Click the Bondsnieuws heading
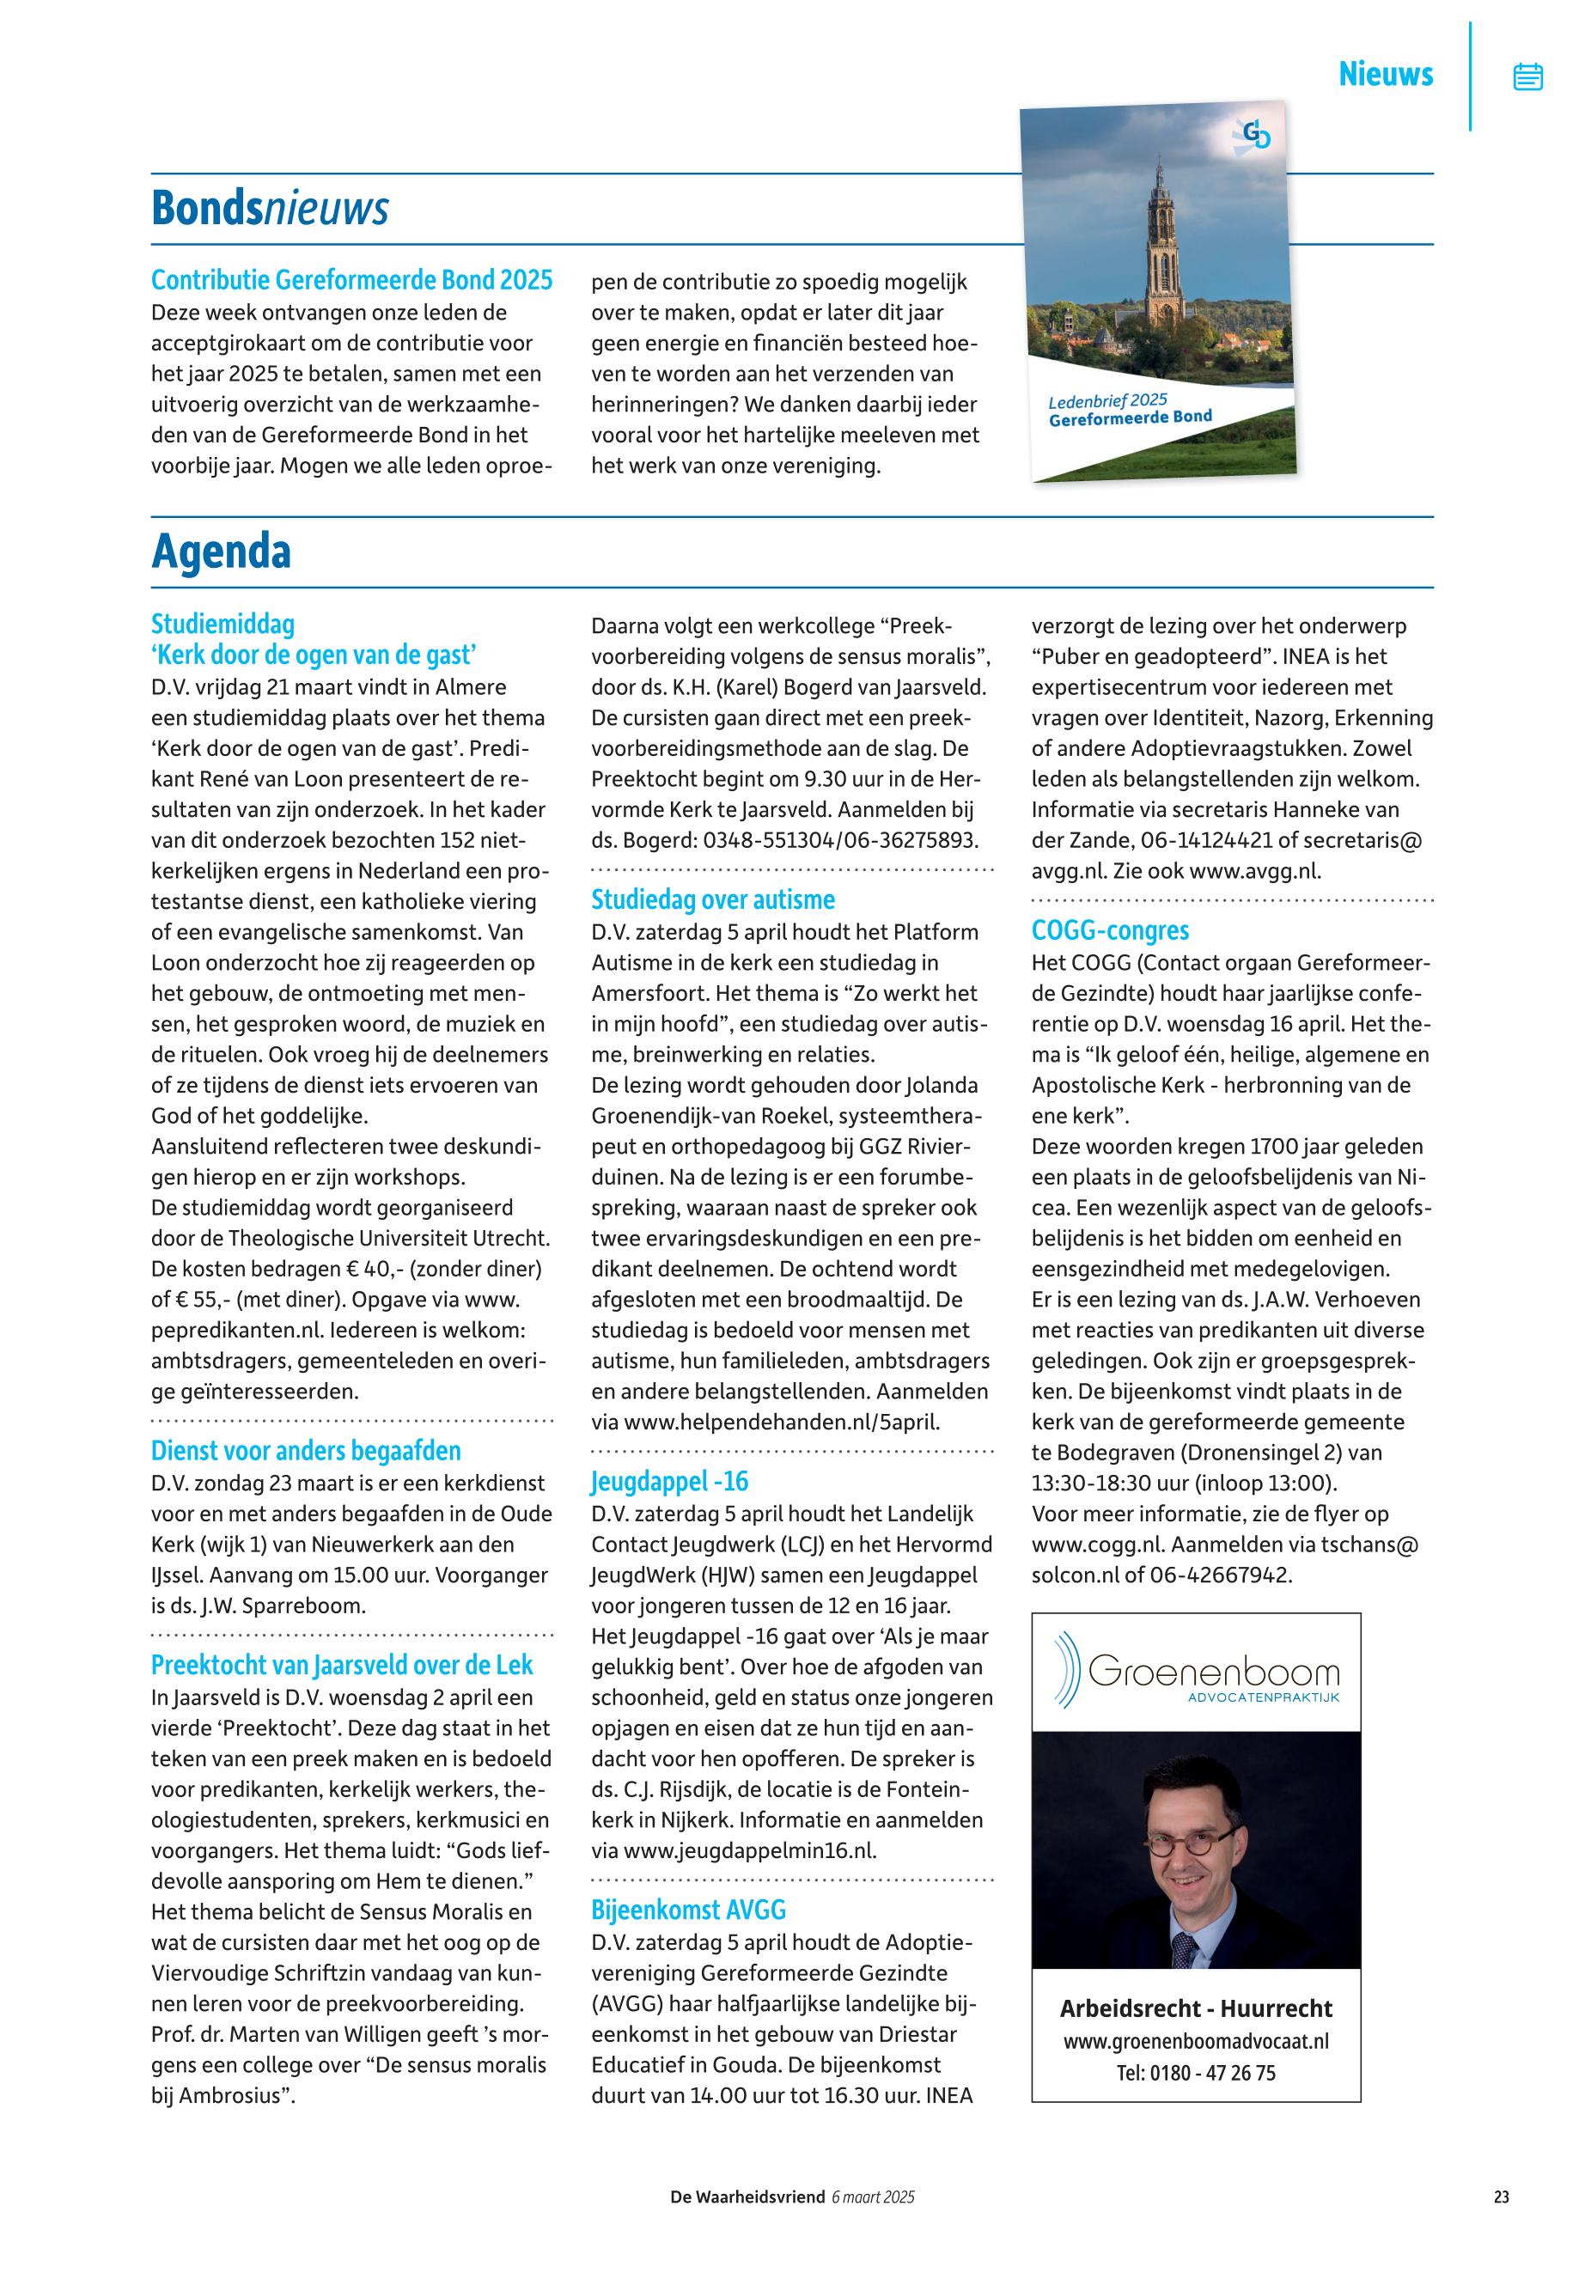(269, 209)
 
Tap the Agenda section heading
(221, 552)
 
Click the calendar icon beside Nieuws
(1527, 76)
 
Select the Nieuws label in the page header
(1386, 75)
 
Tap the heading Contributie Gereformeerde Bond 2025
(351, 280)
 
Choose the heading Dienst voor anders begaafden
(306, 1451)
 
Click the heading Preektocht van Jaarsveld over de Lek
(342, 1666)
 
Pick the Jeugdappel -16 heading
(669, 1482)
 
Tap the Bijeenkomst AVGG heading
(688, 1910)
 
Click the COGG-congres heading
(1110, 930)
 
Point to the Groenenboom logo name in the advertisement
(1214, 1673)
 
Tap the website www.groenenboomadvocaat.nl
(1196, 2042)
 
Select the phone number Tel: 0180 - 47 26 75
(1196, 2074)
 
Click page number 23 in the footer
(1501, 2197)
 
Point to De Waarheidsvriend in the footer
(747, 2197)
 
